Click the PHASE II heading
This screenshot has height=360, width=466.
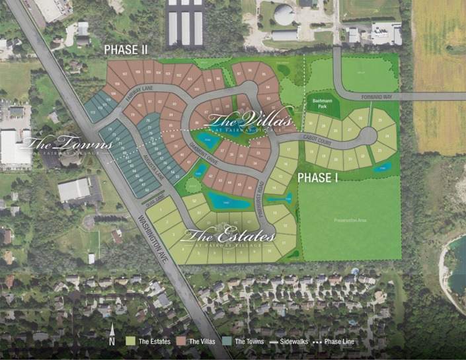click(125, 50)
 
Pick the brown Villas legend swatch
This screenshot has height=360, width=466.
click(183, 342)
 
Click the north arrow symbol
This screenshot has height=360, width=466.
click(113, 332)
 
